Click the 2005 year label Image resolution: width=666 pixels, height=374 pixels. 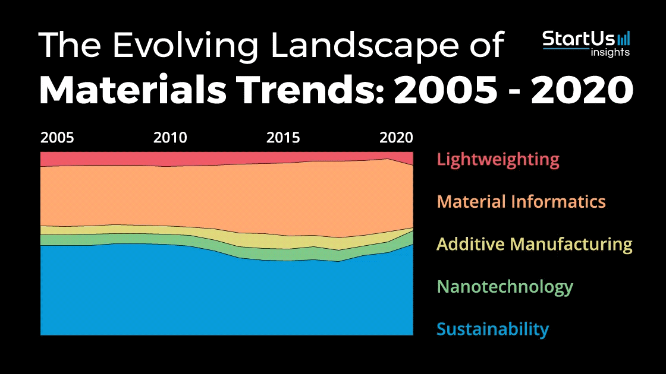(57, 138)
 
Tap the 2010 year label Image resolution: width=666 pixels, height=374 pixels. (170, 138)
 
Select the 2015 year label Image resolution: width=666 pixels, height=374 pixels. (282, 138)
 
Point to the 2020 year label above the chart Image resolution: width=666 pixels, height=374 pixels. (396, 138)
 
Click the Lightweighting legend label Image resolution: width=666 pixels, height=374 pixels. (498, 160)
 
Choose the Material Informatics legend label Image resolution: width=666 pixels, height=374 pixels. (521, 202)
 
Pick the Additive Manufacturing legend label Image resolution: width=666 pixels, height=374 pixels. (534, 244)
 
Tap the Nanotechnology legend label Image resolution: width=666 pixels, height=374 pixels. (504, 287)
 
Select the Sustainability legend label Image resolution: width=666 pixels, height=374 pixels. (492, 329)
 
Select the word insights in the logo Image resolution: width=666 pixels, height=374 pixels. (610, 53)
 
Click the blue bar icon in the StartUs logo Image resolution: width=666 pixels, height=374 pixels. (623, 40)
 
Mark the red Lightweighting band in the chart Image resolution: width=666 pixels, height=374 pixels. (119, 159)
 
